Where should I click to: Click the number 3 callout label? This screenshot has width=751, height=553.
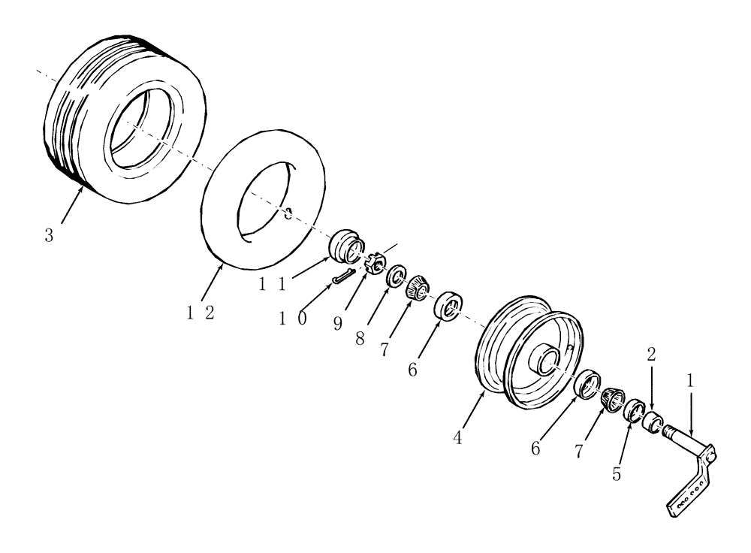[49, 235]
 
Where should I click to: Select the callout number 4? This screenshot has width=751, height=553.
[458, 438]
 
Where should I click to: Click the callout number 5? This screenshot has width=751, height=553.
[617, 475]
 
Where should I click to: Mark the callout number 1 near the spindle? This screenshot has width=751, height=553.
[690, 381]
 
